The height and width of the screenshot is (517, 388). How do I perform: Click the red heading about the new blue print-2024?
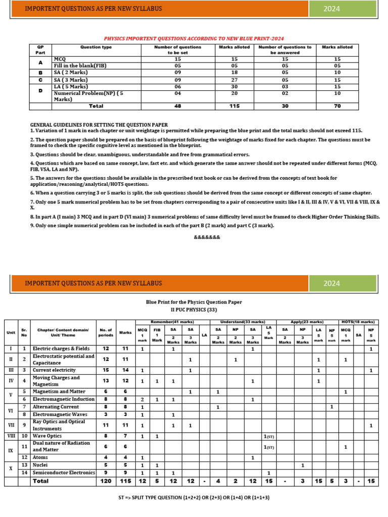click(x=194, y=38)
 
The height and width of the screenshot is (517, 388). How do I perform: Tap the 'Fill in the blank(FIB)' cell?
click(x=80, y=66)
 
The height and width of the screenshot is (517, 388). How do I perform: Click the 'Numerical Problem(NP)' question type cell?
click(x=88, y=96)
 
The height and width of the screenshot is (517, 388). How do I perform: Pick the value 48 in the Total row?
click(x=177, y=106)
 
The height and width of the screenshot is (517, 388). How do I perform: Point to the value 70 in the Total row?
click(x=337, y=106)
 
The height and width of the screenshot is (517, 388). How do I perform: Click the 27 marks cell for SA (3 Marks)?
click(x=234, y=79)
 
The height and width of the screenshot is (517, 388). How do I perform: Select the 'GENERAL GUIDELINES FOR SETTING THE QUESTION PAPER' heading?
click(x=99, y=125)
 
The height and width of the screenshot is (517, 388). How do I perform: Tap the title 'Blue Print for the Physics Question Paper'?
click(x=194, y=302)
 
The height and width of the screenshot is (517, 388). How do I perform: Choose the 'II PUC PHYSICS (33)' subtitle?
click(x=194, y=309)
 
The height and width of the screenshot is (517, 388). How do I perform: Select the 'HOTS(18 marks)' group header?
click(x=358, y=322)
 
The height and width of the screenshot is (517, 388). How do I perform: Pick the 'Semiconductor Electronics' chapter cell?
click(x=64, y=473)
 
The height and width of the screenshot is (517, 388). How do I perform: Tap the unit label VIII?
click(x=11, y=436)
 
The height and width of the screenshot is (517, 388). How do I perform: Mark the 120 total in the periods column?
click(x=106, y=481)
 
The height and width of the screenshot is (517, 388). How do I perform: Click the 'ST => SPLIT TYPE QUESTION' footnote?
click(x=194, y=497)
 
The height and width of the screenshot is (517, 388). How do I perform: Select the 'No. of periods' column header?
click(x=106, y=333)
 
